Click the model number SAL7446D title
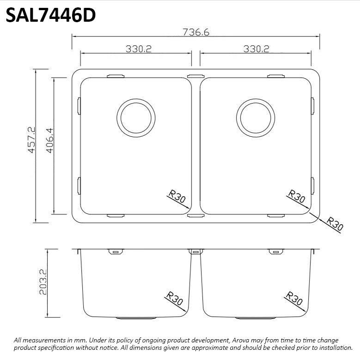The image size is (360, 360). tap(51, 15)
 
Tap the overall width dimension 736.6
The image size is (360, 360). tap(196, 32)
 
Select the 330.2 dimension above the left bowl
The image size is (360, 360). tap(139, 49)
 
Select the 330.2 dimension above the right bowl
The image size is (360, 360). tap(256, 49)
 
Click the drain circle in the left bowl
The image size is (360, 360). tap(136, 117)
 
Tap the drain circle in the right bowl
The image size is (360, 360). tap(255, 117)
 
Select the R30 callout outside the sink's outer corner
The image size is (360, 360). tap(335, 224)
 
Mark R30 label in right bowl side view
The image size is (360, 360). tap(294, 299)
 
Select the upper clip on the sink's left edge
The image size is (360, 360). tap(79, 105)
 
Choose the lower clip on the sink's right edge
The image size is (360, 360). tap(313, 185)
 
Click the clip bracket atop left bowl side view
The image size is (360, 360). tap(115, 252)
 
